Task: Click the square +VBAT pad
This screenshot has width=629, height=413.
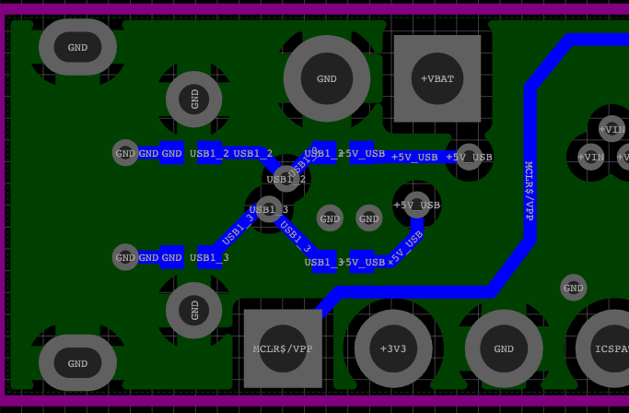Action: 437,78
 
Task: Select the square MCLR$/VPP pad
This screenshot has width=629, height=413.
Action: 283,348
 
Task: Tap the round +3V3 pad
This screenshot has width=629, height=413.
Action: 393,348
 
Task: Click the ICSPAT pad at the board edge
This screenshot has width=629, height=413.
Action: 609,348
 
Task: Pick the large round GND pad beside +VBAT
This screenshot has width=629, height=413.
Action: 327,78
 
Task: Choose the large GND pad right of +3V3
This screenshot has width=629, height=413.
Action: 504,348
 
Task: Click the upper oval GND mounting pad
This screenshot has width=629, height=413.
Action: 77,47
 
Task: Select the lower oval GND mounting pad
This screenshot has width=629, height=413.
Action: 77,363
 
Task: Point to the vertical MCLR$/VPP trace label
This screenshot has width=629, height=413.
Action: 530,190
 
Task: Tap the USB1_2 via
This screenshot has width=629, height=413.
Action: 285,179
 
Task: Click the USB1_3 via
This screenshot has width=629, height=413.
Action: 269,209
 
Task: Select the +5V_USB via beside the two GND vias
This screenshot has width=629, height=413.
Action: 416,204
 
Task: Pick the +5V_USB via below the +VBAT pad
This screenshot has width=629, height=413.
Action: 469,157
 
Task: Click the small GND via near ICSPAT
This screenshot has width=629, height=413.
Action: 573,288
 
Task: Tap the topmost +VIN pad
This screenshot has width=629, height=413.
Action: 612,129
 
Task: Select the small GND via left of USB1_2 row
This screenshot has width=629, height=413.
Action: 125,153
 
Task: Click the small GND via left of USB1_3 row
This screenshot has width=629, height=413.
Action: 125,257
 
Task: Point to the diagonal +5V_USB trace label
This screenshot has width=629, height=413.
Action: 405,249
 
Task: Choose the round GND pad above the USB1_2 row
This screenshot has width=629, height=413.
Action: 193,99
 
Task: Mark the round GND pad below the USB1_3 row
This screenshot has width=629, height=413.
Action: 193,311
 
